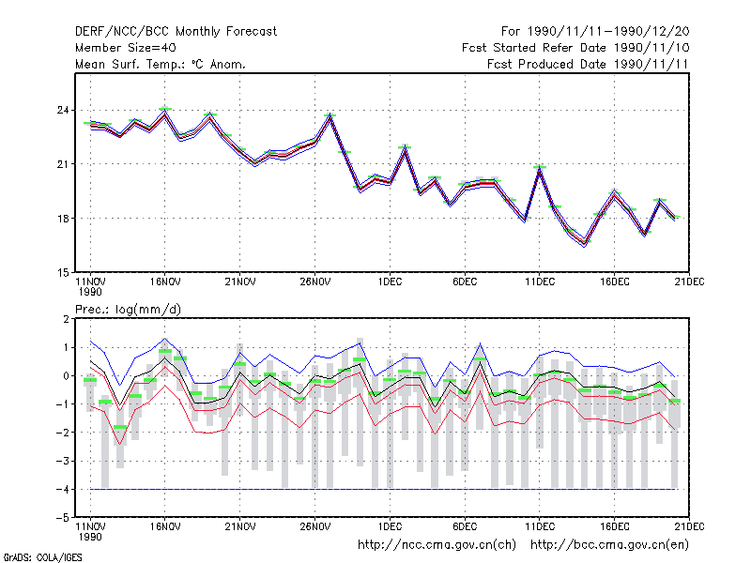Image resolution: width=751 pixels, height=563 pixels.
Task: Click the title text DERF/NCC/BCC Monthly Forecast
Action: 176,32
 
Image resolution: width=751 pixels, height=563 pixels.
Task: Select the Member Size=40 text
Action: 126,48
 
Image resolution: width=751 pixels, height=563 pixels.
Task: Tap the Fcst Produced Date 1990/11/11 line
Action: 588,64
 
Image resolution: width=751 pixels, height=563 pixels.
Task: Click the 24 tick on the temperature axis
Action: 63,111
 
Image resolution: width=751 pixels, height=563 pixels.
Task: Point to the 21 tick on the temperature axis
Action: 63,164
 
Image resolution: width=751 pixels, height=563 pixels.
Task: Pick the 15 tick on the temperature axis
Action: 63,273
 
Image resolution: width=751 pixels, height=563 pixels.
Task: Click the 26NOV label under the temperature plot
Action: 315,282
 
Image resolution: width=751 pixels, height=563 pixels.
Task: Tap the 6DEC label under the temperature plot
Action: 465,282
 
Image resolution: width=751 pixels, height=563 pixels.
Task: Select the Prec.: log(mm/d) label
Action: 128,310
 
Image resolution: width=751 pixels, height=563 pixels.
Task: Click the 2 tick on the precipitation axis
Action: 66,319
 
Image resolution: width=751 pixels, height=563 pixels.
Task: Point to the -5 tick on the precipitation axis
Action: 63,518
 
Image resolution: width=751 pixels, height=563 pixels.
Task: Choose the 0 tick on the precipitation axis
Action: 66,376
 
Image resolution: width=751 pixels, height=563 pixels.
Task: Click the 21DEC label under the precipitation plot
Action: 689,526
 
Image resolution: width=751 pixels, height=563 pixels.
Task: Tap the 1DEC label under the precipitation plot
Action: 390,526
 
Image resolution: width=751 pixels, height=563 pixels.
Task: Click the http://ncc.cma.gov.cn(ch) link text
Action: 437,545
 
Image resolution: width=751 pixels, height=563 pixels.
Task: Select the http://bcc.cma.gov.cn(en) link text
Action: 609,545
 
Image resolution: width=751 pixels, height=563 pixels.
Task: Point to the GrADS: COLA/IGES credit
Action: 42,557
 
